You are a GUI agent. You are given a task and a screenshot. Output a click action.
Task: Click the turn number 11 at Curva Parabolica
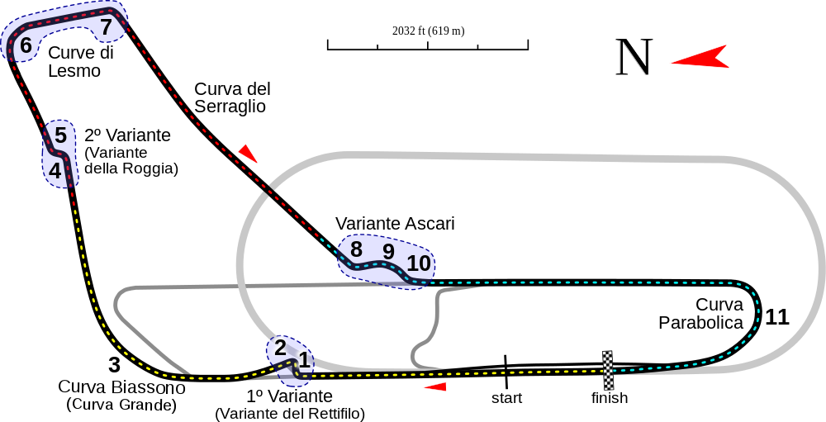click(x=777, y=317)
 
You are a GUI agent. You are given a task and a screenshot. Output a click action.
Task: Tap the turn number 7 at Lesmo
click(x=107, y=27)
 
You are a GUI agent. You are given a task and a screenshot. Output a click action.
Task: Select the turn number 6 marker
click(x=26, y=46)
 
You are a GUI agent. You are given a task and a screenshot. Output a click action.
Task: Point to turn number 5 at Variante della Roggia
click(x=60, y=135)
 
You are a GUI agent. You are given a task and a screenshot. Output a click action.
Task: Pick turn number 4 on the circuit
click(x=55, y=170)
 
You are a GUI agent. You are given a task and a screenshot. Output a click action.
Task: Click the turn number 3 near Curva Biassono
click(x=114, y=364)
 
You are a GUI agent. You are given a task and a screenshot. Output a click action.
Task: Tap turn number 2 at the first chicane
click(x=280, y=348)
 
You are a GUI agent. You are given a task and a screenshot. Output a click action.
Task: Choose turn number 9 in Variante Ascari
click(x=389, y=251)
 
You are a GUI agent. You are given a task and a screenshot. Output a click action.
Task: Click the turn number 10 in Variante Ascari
click(x=420, y=263)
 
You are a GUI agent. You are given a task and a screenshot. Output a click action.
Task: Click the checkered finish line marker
click(x=608, y=370)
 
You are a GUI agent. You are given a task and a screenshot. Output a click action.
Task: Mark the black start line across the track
click(x=506, y=371)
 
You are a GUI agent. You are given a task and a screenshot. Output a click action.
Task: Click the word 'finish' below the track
click(x=610, y=397)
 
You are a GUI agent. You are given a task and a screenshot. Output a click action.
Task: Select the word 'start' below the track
click(x=507, y=398)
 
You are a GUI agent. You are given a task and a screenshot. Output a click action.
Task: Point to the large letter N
click(x=634, y=56)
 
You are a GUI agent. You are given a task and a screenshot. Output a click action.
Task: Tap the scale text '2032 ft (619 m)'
click(x=428, y=31)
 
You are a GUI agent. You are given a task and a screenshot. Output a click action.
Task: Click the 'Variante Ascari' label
click(x=395, y=223)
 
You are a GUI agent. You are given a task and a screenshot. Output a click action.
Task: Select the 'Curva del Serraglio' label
click(x=232, y=97)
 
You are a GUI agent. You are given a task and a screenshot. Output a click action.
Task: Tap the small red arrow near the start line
click(x=435, y=386)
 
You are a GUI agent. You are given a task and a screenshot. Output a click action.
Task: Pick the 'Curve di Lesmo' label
click(x=81, y=61)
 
